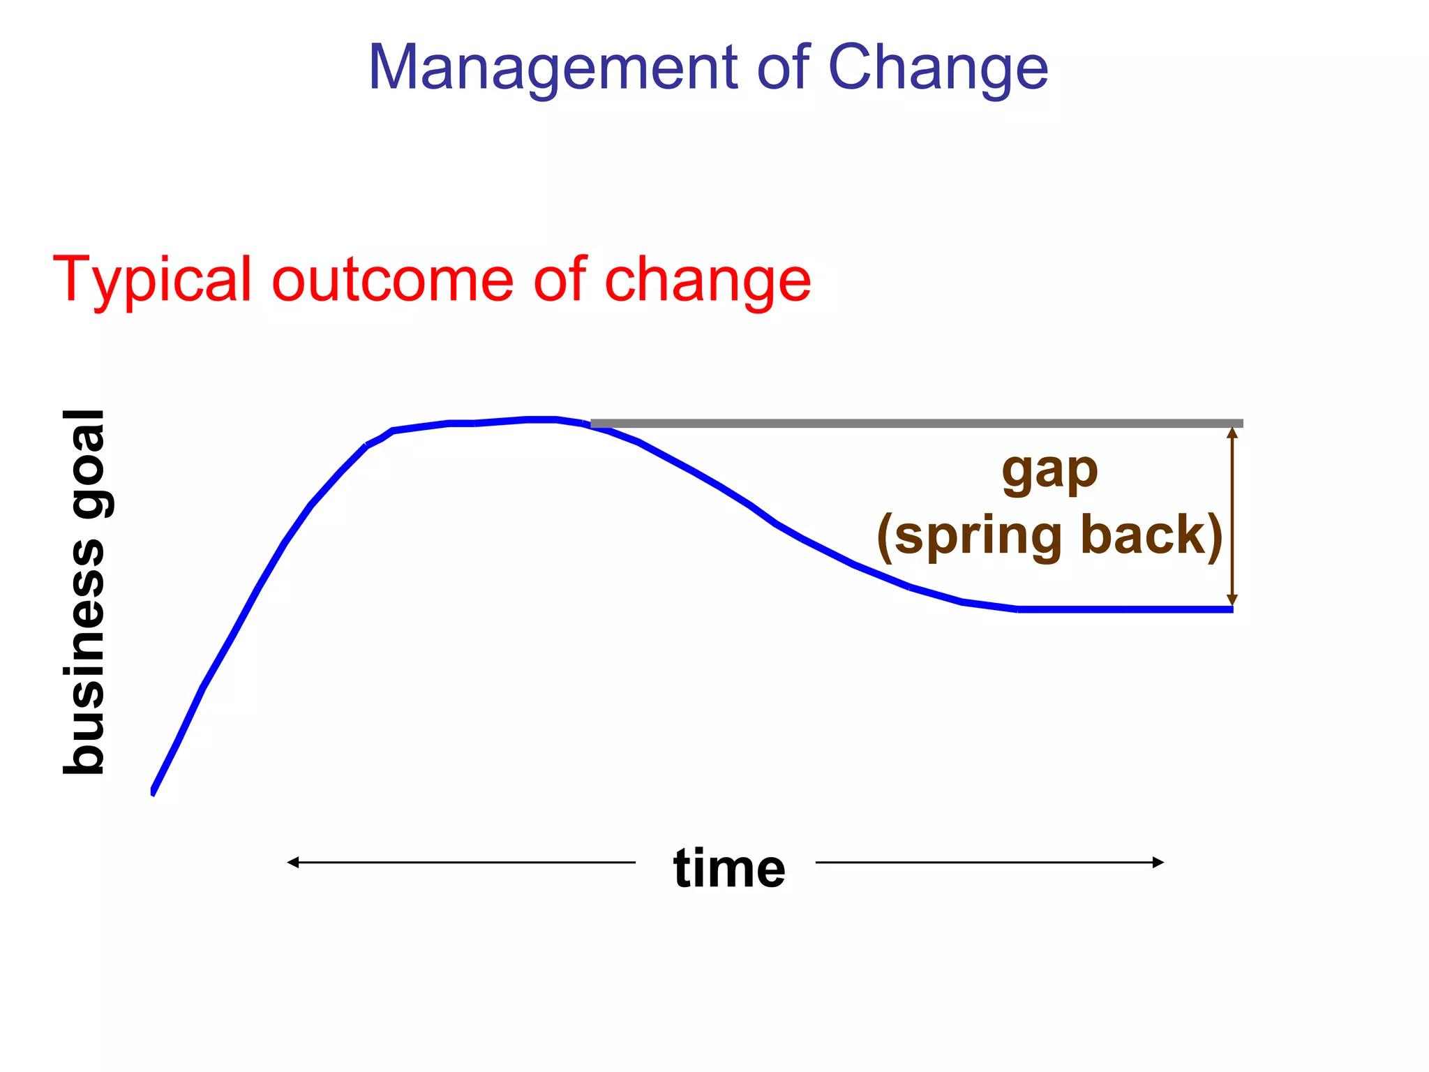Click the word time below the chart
pyautogui.click(x=729, y=868)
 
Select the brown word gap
pyautogui.click(x=1049, y=472)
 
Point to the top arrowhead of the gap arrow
pyautogui.click(x=1232, y=433)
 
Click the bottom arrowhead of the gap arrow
pyautogui.click(x=1232, y=600)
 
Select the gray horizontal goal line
pyautogui.click(x=907, y=424)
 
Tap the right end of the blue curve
pyautogui.click(x=1230, y=609)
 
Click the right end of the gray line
pyautogui.click(x=1241, y=424)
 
